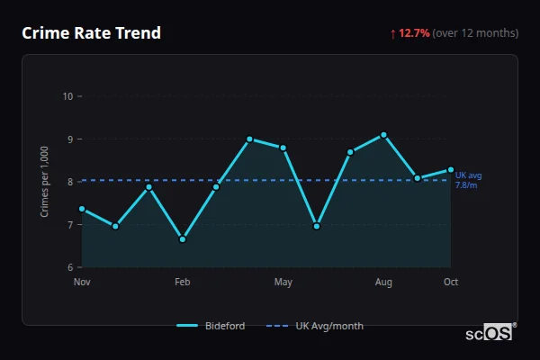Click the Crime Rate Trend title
pos(91,33)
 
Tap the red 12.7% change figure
pos(416,33)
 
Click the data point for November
pos(82,209)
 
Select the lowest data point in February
pos(183,239)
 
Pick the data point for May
pos(283,148)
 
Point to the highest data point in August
pos(384,135)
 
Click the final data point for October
pos(451,169)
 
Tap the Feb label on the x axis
pos(183,283)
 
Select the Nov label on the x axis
pos(82,283)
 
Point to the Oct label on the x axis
pos(451,283)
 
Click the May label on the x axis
pos(283,283)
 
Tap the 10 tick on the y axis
pos(67,96)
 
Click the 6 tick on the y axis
pos(69,267)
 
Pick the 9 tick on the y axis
pos(69,139)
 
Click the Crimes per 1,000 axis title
pos(45,182)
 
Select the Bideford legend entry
pos(211,326)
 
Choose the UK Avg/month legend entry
pos(317,326)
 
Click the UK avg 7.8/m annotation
pos(468,180)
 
